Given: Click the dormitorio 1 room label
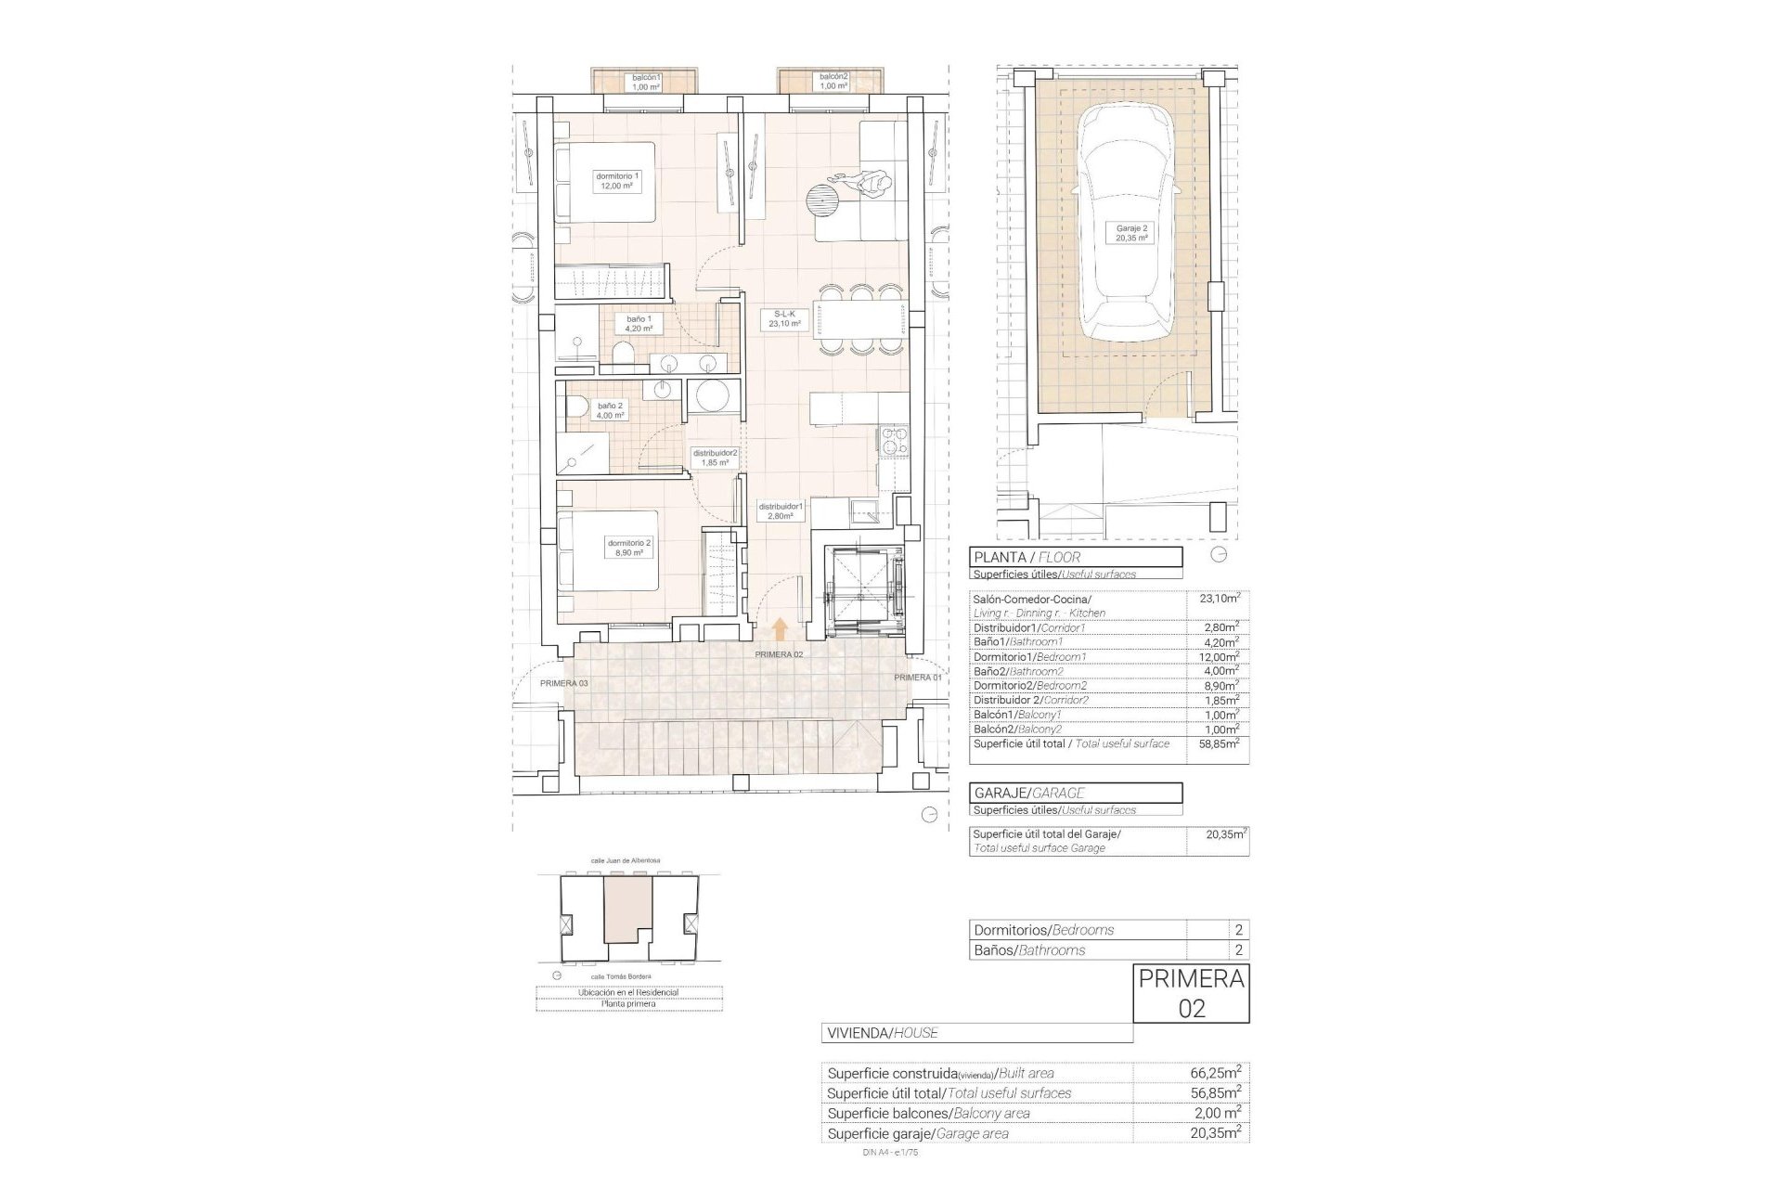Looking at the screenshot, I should point(618,181).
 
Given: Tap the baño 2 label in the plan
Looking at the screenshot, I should point(610,410).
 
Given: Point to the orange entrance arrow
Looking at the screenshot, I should point(780,629).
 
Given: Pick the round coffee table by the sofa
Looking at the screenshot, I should point(822,200).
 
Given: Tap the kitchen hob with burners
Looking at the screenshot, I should point(892,442).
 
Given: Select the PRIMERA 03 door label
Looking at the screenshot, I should point(563,683).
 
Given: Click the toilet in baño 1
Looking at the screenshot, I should point(624,355).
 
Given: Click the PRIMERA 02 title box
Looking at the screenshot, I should point(1191,993).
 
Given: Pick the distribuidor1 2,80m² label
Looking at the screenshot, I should point(780,511).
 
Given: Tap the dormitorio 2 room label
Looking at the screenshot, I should point(630,548).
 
